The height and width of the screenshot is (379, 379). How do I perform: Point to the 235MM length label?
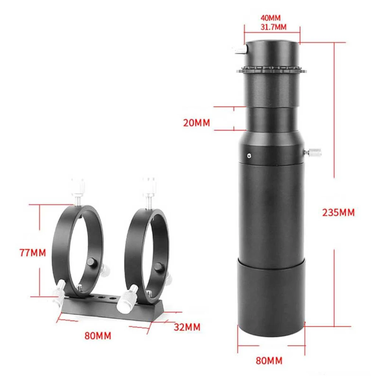(x=338, y=212)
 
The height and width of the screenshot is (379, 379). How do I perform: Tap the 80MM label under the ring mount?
(x=98, y=336)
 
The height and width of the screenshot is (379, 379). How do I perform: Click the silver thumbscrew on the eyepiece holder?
(x=240, y=49)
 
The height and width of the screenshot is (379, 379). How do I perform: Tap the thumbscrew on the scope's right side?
(x=313, y=153)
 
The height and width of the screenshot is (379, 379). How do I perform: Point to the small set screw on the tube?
(x=248, y=155)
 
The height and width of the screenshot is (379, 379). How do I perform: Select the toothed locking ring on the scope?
(x=271, y=70)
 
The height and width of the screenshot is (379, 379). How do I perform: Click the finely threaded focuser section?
(x=271, y=90)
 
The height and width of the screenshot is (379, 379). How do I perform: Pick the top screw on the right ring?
(x=149, y=186)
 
